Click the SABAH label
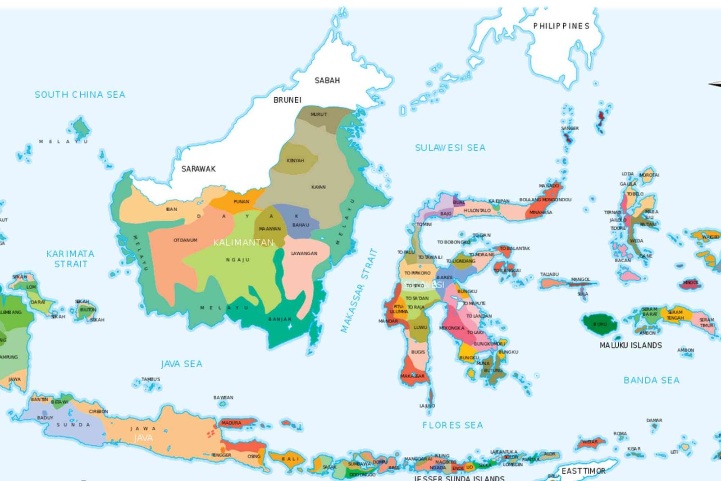tap(327, 81)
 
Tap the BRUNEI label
tap(287, 100)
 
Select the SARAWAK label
tap(198, 169)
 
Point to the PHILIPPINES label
tap(561, 26)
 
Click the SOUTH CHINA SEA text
tap(80, 95)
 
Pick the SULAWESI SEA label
tap(450, 148)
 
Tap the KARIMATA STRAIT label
tap(71, 259)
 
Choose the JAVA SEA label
tap(182, 364)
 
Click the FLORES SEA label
tap(452, 425)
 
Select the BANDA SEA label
tap(651, 381)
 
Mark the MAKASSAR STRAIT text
tap(359, 290)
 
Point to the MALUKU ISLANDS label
tap(630, 345)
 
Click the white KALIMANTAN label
tap(243, 243)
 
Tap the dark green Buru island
tap(600, 324)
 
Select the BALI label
tap(290, 459)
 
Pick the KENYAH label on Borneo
tap(296, 160)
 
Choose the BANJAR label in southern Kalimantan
tap(280, 319)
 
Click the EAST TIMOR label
tap(583, 471)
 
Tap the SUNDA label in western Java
tap(73, 425)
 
